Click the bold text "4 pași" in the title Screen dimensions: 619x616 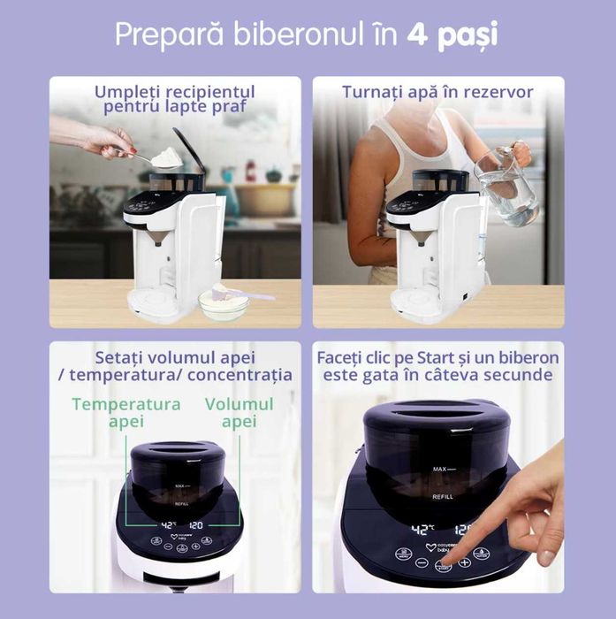click(x=453, y=36)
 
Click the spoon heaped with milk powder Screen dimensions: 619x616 click(x=165, y=157)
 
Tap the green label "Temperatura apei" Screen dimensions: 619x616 click(x=126, y=412)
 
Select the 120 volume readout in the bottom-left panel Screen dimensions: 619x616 click(x=195, y=525)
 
